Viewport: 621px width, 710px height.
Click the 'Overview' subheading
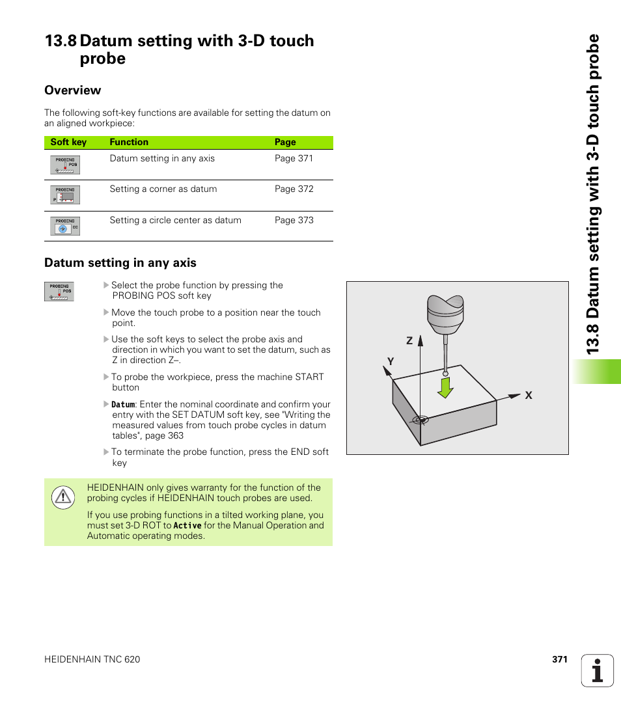click(x=72, y=90)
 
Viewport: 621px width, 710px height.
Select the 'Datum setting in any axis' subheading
click(x=120, y=263)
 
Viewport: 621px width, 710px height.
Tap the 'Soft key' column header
click(x=68, y=143)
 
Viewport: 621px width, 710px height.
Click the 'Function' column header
click(x=129, y=143)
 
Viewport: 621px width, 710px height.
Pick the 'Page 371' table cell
click(x=294, y=159)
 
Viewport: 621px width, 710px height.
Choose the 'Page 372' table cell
click(x=294, y=189)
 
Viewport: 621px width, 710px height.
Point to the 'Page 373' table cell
click(x=294, y=221)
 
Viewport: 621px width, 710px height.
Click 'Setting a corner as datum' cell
click(x=163, y=189)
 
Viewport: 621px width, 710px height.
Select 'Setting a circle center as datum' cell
click(x=175, y=221)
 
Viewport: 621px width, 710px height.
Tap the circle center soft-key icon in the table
click(x=65, y=226)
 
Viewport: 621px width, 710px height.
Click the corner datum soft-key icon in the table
click(x=65, y=195)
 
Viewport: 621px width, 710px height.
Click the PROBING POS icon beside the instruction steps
click(x=59, y=291)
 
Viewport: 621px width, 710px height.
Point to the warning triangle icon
click(x=62, y=497)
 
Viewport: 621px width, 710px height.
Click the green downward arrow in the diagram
click(x=445, y=387)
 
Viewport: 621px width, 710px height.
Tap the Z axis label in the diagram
click(x=409, y=341)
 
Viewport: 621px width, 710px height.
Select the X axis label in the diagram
click(x=529, y=396)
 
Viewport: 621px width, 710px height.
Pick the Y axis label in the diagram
click(x=391, y=361)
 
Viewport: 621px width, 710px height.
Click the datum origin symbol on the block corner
click(x=421, y=419)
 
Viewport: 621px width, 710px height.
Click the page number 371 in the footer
click(x=559, y=659)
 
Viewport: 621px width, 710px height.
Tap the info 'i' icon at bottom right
click(x=597, y=670)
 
